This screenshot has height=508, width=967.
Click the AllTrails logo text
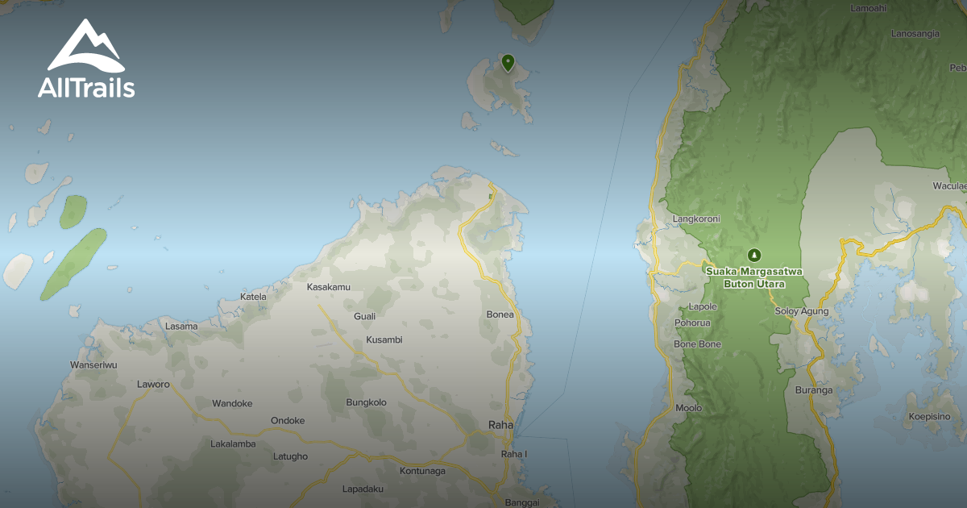(86, 87)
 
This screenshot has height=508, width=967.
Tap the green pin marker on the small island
(508, 62)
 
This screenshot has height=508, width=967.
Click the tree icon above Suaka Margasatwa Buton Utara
(753, 255)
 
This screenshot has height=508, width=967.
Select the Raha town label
(500, 424)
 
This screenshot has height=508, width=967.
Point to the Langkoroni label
(696, 219)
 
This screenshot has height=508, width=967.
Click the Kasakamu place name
(329, 287)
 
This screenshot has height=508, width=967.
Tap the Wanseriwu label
(94, 365)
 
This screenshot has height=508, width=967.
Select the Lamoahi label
(869, 8)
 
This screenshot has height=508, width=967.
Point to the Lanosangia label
(915, 34)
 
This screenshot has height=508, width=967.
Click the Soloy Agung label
(801, 311)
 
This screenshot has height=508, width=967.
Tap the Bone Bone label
(697, 344)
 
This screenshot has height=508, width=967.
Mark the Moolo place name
(688, 408)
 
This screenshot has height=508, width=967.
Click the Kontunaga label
(422, 471)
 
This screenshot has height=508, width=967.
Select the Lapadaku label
(363, 489)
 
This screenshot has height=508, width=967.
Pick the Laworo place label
(153, 385)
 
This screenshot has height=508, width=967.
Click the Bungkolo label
(366, 402)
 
